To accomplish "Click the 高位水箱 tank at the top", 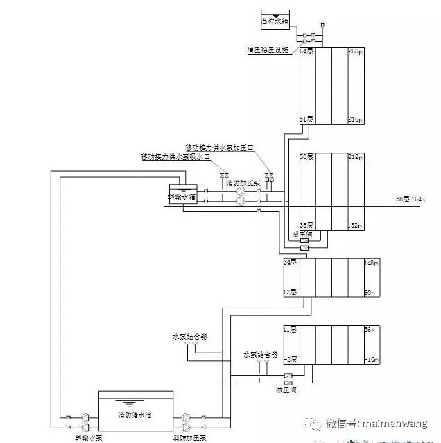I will [273, 19].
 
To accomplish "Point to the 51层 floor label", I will [306, 119].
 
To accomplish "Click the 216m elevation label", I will [355, 119].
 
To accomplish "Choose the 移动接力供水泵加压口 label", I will [220, 148].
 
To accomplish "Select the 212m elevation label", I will [355, 157].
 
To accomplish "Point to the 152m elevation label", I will [355, 225].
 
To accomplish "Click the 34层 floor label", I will [290, 262].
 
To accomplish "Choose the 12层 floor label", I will [290, 292].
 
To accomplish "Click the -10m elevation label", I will [370, 359].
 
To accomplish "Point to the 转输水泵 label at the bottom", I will [89, 437].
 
